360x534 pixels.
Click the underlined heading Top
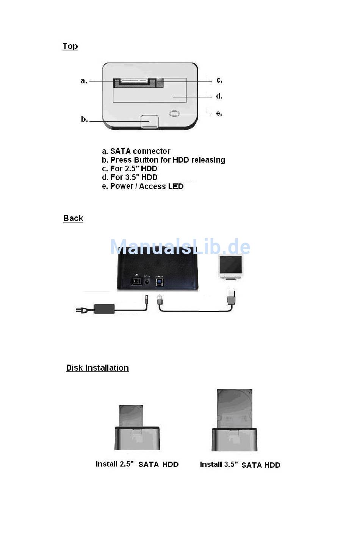[x=70, y=46]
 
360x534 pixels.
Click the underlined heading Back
[x=73, y=218]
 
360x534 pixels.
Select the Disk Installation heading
[x=97, y=368]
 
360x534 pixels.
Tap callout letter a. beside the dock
[x=84, y=81]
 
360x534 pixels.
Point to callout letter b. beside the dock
[x=84, y=119]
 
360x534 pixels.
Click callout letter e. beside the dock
[x=219, y=113]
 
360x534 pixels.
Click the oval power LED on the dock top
[x=174, y=113]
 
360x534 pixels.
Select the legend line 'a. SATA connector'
[x=136, y=151]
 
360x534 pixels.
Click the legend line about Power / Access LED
[x=142, y=186]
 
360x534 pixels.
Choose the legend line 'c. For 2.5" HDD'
[x=129, y=169]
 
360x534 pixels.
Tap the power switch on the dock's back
[x=136, y=281]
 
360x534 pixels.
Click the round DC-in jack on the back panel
[x=147, y=282]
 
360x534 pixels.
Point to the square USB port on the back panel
[x=160, y=282]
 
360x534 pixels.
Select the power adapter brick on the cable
[x=104, y=308]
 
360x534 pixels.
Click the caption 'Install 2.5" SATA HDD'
[x=137, y=464]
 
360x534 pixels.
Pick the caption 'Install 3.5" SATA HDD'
[x=240, y=465]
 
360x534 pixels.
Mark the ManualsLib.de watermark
[x=180, y=247]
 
